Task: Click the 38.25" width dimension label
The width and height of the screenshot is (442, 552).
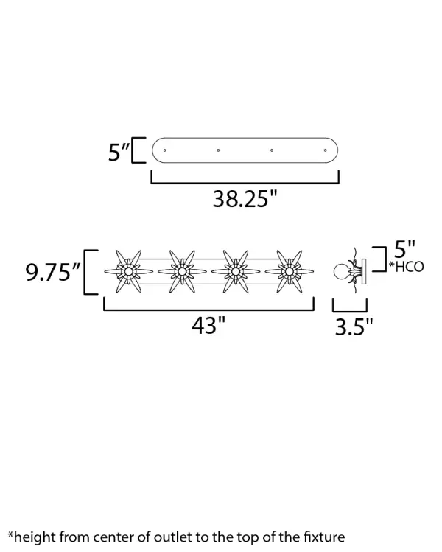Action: click(245, 198)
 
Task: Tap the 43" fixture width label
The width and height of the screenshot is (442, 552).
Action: click(208, 325)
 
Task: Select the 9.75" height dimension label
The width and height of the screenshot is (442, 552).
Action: click(54, 272)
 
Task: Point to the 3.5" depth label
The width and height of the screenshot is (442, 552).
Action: click(354, 326)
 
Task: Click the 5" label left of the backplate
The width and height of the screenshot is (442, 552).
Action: click(119, 152)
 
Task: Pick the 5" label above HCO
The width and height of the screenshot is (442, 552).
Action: click(404, 249)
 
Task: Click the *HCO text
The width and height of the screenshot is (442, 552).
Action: click(406, 267)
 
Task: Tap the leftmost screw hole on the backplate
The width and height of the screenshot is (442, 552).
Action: click(165, 150)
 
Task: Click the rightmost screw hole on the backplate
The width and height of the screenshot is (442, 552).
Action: click(325, 150)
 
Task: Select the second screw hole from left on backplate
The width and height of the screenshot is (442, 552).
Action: click(218, 150)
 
